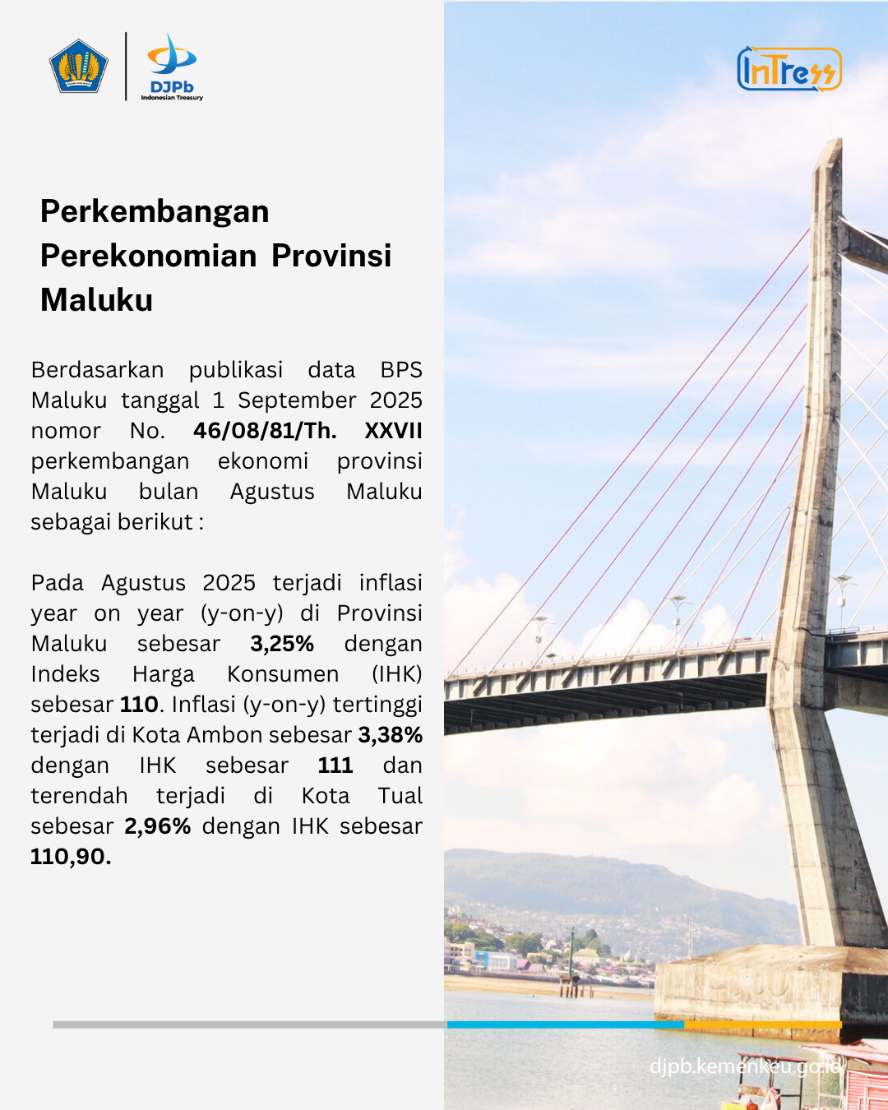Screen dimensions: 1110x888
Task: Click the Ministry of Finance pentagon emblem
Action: [x=79, y=67]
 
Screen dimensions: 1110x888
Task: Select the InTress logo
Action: [x=789, y=69]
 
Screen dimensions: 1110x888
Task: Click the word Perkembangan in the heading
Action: [x=155, y=212]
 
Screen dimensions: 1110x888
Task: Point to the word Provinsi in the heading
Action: [x=331, y=256]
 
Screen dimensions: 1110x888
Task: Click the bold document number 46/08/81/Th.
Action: [x=265, y=431]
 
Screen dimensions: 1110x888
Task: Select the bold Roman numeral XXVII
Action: [x=393, y=431]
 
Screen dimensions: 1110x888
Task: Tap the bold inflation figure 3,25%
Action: [x=282, y=644]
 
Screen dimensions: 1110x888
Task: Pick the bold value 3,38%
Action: [x=390, y=735]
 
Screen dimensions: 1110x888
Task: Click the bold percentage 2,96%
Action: [x=158, y=826]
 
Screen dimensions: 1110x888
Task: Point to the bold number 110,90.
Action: [x=71, y=857]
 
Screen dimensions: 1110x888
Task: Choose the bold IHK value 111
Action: [x=335, y=765]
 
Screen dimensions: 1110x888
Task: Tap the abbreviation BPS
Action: [x=401, y=370]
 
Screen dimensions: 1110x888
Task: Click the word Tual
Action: [x=400, y=796]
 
